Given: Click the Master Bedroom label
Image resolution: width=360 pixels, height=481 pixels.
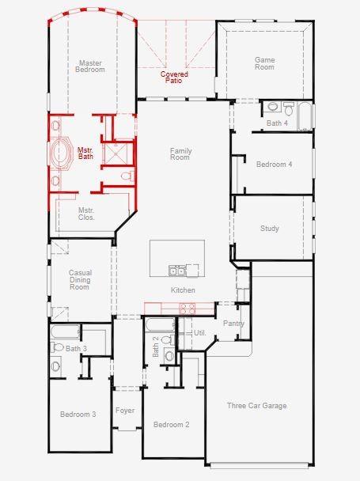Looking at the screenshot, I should (90, 66).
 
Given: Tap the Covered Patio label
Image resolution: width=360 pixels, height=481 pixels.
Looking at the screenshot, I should (174, 78).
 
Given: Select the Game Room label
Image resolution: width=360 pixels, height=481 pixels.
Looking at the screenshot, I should (264, 63).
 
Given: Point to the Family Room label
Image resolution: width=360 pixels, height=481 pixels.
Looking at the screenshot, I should (180, 153).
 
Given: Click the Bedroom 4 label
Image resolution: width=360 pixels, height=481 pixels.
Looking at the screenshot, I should (274, 164).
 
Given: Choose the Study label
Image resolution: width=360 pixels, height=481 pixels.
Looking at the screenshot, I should (269, 229).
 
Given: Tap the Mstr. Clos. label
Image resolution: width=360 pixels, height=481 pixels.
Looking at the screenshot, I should (85, 214).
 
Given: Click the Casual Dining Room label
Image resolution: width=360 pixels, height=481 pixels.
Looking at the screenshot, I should (80, 280).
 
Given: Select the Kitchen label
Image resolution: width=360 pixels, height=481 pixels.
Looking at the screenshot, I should (183, 290).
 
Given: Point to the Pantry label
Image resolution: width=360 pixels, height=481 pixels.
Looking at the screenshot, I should (233, 324).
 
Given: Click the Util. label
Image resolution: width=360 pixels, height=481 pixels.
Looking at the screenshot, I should (199, 333).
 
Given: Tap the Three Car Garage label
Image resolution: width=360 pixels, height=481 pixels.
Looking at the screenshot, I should (257, 406).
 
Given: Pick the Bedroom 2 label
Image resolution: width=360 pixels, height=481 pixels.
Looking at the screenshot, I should (171, 425).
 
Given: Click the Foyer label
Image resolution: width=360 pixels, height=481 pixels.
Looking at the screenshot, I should (124, 411).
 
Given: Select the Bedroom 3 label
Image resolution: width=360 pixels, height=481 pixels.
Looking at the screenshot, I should (78, 414).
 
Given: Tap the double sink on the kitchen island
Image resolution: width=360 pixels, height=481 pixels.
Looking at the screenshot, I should (177, 271).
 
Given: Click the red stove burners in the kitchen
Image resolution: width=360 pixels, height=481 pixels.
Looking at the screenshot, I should (187, 309).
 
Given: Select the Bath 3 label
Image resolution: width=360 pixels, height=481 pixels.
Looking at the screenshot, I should (76, 348).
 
